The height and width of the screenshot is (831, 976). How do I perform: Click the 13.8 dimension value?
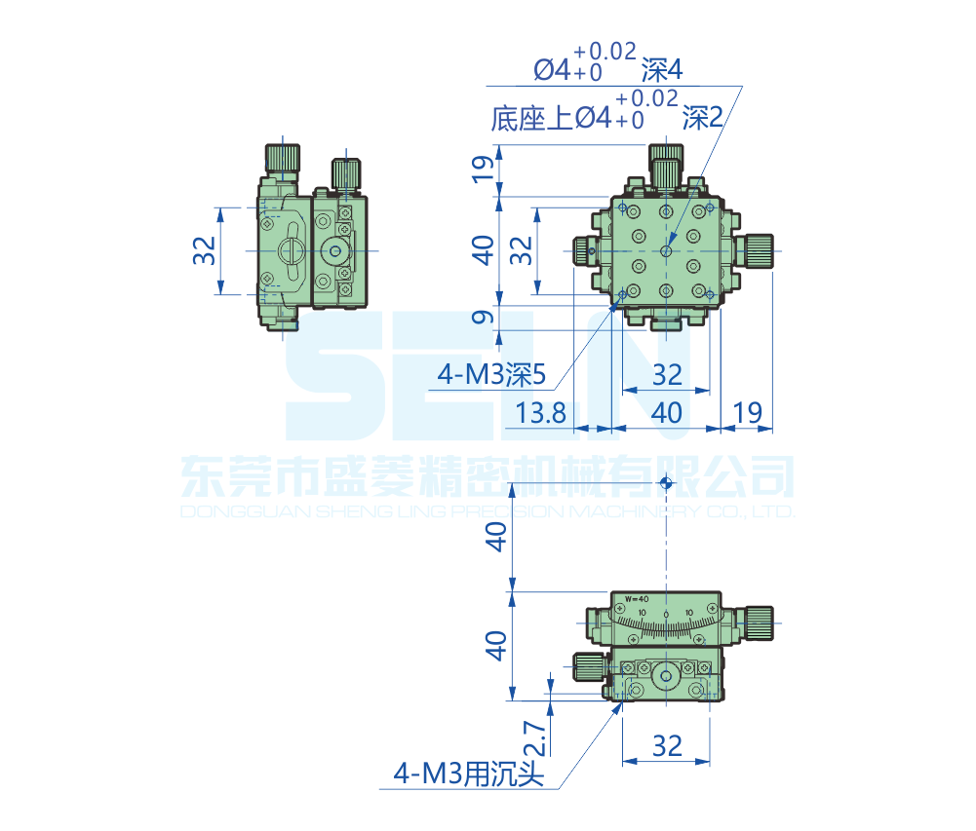541,412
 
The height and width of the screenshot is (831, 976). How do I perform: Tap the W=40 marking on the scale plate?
637,598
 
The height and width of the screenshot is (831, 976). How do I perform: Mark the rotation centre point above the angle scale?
666,482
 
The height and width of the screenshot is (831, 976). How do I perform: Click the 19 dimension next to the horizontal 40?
747,412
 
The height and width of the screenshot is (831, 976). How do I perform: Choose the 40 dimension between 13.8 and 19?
666,412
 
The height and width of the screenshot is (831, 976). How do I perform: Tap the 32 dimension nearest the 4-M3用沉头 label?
666,746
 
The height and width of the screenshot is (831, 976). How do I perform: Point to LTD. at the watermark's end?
776,511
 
